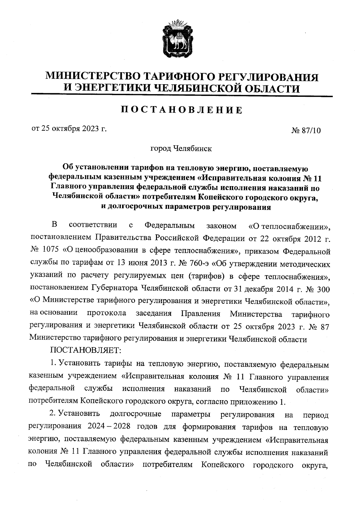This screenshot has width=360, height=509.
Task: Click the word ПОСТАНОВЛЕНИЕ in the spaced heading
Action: tap(181, 110)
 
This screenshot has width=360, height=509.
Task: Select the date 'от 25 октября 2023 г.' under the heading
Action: tap(70, 129)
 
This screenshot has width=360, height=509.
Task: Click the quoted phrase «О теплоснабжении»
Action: tap(289, 225)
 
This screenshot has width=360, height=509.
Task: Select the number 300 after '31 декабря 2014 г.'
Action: tap(323, 289)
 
